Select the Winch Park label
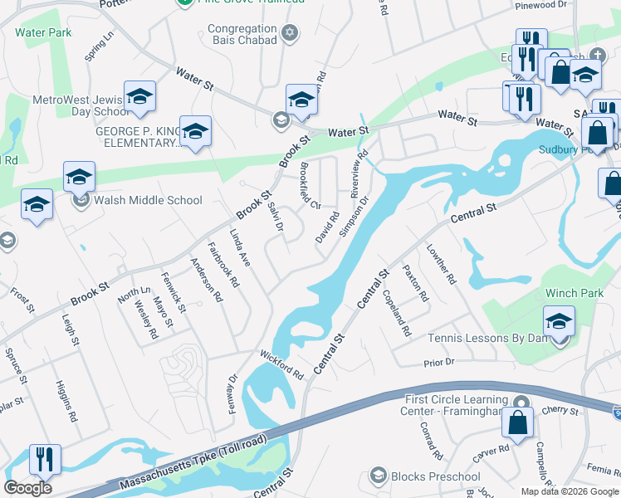pyautogui.click(x=571, y=294)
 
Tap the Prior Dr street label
pyautogui.click(x=439, y=363)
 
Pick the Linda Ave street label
pyautogui.click(x=240, y=247)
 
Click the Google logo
pyautogui.click(x=27, y=488)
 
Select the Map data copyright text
pyautogui.click(x=570, y=491)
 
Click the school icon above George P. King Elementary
pyautogui.click(x=195, y=131)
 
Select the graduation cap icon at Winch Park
pyautogui.click(x=560, y=320)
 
